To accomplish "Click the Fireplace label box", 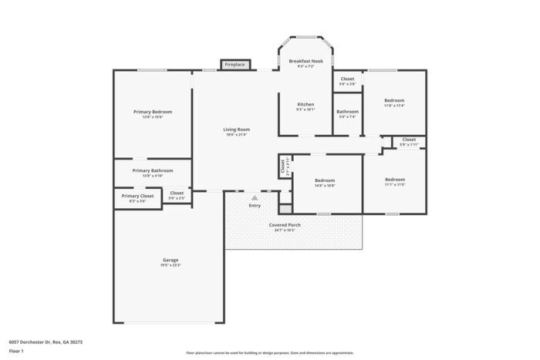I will (235, 65).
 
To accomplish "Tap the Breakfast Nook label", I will (305, 61).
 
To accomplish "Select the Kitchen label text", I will (305, 104).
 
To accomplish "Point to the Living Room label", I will (237, 130).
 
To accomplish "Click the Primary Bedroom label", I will (152, 112).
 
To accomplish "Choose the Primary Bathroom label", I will (152, 170).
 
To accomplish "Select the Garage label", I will (170, 260).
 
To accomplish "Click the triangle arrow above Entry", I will (255, 198).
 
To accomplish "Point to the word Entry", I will (255, 205).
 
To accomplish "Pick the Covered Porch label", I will (285, 225).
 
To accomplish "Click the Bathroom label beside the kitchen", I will (347, 112).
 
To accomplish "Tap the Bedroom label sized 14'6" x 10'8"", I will (325, 180).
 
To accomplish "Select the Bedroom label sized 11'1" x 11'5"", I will (394, 180).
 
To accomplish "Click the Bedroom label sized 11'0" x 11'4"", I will (394, 100).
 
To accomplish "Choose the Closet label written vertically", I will (283, 165).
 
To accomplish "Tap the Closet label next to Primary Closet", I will (177, 193).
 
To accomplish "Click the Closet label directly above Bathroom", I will (347, 79).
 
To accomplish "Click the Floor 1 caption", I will (16, 352).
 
